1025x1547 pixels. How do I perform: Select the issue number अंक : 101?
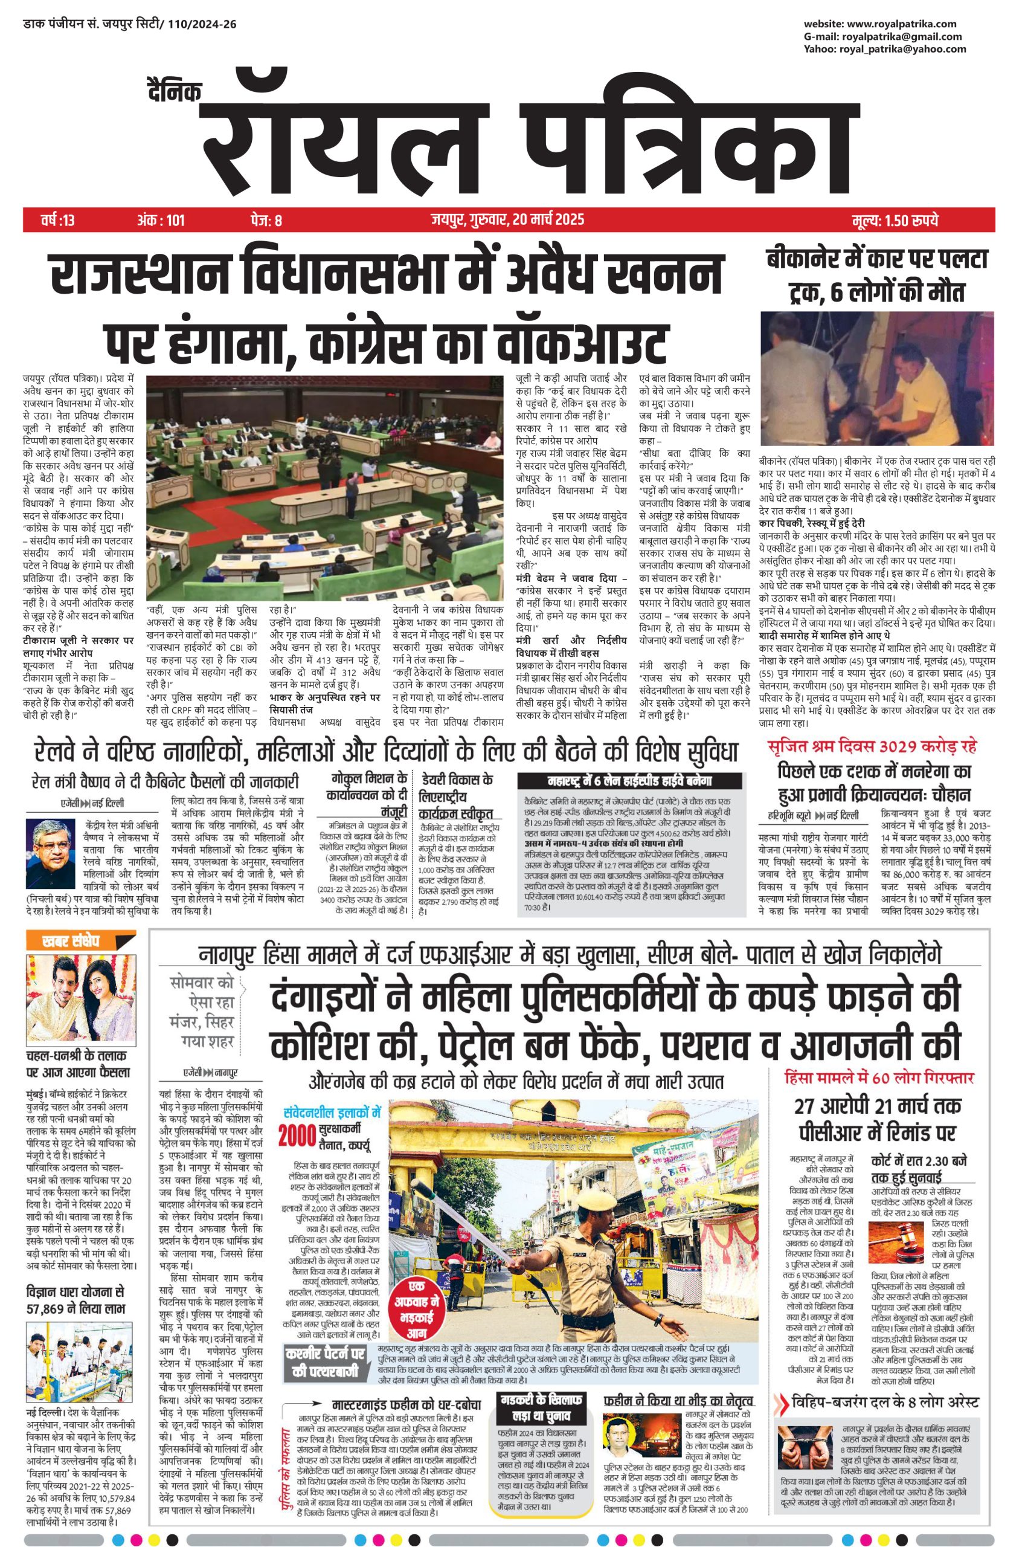(x=161, y=220)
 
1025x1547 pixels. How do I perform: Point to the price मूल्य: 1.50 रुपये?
(x=895, y=220)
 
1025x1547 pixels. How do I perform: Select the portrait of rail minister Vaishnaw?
(x=51, y=853)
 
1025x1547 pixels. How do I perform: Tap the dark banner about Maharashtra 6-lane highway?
(x=629, y=781)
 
